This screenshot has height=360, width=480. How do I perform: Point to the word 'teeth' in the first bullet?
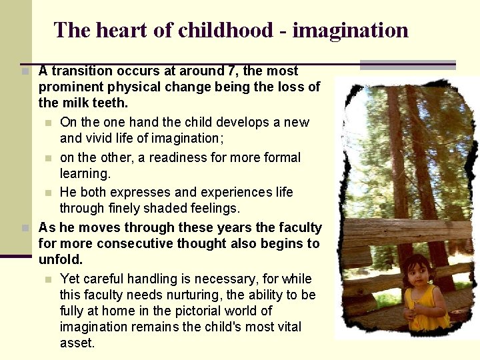(x=111, y=103)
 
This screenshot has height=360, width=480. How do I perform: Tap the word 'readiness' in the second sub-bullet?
(x=175, y=157)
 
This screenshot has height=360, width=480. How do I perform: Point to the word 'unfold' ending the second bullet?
(x=59, y=259)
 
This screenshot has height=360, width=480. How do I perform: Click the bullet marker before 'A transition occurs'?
(x=25, y=71)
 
